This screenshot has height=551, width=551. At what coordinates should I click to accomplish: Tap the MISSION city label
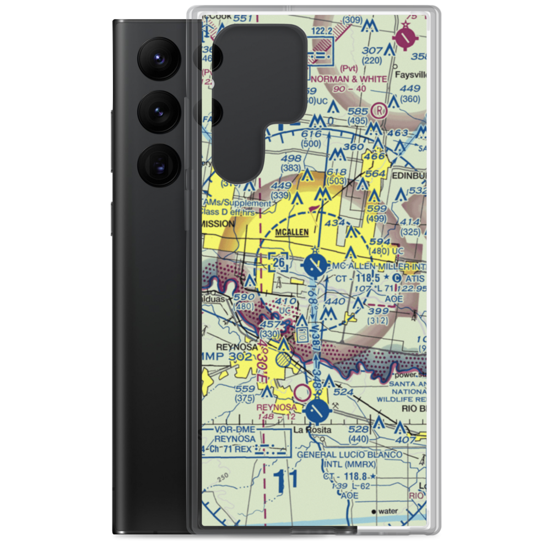218,224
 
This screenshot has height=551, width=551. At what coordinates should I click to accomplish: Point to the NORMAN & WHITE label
349,79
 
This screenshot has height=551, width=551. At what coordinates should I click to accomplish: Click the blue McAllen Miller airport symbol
315,266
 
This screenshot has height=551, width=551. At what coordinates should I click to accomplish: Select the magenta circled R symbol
379,110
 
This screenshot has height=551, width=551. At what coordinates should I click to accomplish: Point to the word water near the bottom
388,511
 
